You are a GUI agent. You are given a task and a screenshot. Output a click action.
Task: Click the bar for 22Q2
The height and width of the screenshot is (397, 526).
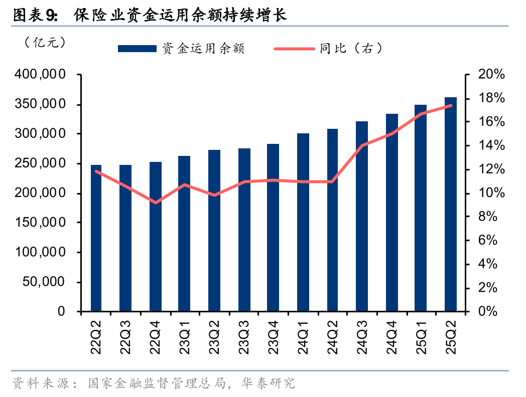[x=96, y=238]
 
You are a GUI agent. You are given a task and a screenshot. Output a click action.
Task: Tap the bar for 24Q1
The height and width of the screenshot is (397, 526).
[x=303, y=223]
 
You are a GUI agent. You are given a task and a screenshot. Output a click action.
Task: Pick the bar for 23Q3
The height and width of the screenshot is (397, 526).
[x=244, y=230]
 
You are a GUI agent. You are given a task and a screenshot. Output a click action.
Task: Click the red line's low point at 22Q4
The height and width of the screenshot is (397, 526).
[x=156, y=203]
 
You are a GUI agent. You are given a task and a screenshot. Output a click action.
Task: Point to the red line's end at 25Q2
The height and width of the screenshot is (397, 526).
[x=451, y=105]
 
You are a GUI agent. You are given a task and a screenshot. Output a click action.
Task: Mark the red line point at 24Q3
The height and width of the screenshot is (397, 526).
[x=362, y=145]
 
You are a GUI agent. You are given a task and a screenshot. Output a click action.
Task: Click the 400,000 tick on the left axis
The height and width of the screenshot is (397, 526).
[x=40, y=75]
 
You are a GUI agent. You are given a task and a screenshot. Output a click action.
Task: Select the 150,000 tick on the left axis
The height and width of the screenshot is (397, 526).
[x=40, y=223]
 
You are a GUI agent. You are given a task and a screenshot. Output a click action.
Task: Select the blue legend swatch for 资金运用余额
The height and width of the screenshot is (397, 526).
[x=137, y=49]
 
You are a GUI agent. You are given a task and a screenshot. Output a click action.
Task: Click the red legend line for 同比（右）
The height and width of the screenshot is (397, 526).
[x=295, y=49]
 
